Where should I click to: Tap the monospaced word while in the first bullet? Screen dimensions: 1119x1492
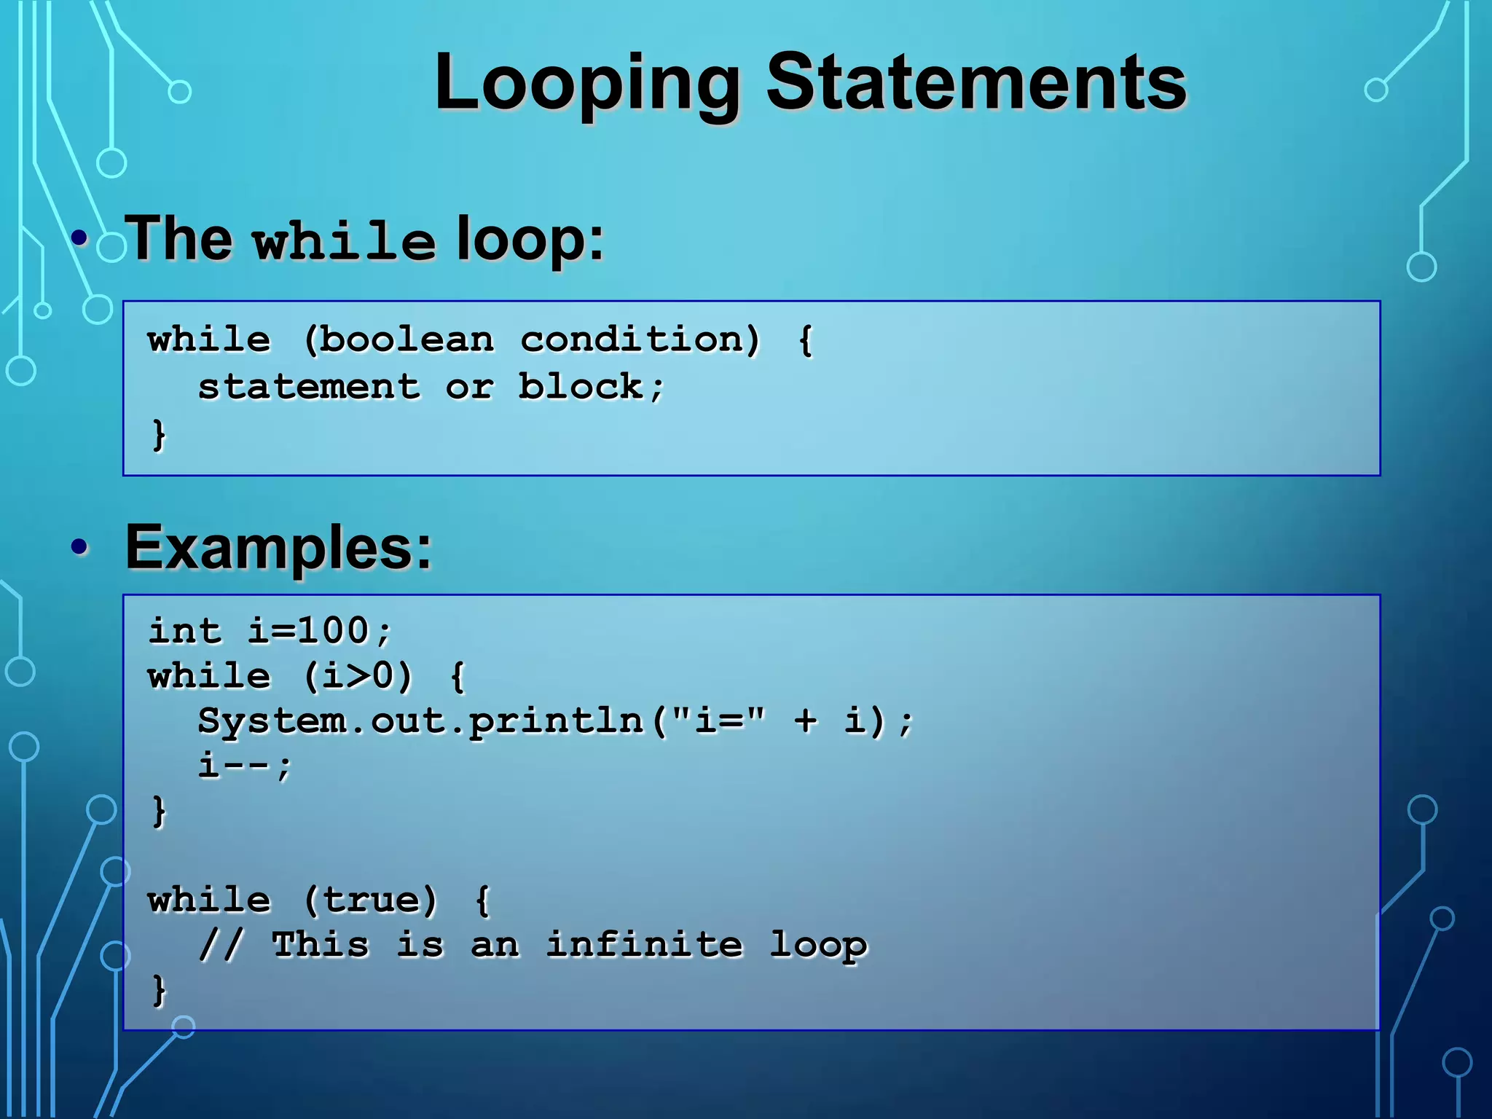click(344, 241)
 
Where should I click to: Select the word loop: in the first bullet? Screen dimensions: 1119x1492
click(530, 240)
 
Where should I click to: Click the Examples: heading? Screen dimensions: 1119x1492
click(278, 548)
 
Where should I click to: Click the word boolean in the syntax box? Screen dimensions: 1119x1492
click(407, 340)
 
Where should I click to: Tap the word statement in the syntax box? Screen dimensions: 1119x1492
click(309, 387)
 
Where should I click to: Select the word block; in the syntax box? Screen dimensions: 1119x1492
click(591, 387)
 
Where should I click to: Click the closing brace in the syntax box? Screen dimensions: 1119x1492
click(158, 434)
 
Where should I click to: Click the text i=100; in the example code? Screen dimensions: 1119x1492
click(320, 631)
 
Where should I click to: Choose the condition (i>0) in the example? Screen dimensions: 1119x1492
click(358, 676)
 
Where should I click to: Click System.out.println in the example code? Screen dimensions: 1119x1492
click(420, 721)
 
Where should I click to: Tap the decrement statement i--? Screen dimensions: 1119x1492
click(245, 766)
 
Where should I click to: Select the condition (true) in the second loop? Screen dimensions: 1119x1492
click(370, 900)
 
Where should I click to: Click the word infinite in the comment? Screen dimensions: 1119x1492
click(644, 945)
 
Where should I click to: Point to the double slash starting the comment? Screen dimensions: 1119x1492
click(220, 945)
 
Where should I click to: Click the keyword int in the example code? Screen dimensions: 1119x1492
click(185, 631)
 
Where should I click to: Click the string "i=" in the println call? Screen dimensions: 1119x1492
click(718, 721)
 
